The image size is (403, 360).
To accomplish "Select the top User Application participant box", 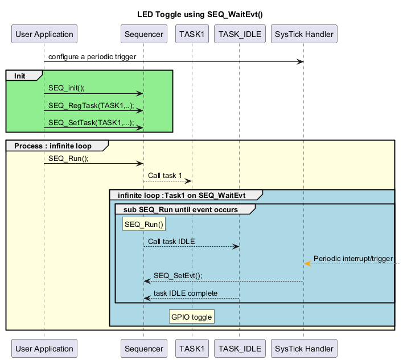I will (44, 34).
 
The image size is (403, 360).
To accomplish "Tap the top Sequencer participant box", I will (143, 34).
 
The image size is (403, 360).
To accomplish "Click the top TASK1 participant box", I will (192, 34).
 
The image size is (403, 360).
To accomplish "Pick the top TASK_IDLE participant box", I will (239, 34).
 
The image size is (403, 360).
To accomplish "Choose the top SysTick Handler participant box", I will (304, 34).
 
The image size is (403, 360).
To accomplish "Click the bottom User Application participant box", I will (44, 349).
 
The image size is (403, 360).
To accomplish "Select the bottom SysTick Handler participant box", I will (304, 349).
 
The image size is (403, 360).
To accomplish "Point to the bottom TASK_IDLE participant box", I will (239, 349).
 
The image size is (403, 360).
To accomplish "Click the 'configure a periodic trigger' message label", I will (93, 57).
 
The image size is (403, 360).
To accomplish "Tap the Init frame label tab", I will (20, 76).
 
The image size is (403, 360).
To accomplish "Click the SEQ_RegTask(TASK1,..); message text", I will (91, 105).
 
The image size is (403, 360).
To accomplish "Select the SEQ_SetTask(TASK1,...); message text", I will (91, 122).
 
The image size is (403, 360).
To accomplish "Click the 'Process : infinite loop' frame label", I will (52, 146).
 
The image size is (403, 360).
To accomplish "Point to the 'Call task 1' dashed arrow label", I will (165, 175).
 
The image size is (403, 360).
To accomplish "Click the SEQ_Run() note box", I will (144, 224).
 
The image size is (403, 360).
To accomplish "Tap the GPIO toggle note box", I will (191, 317).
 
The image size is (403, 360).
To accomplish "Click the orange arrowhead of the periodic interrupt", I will (307, 263).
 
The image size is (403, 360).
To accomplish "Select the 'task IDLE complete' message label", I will (185, 293).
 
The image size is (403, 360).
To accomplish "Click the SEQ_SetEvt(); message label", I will (178, 275).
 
